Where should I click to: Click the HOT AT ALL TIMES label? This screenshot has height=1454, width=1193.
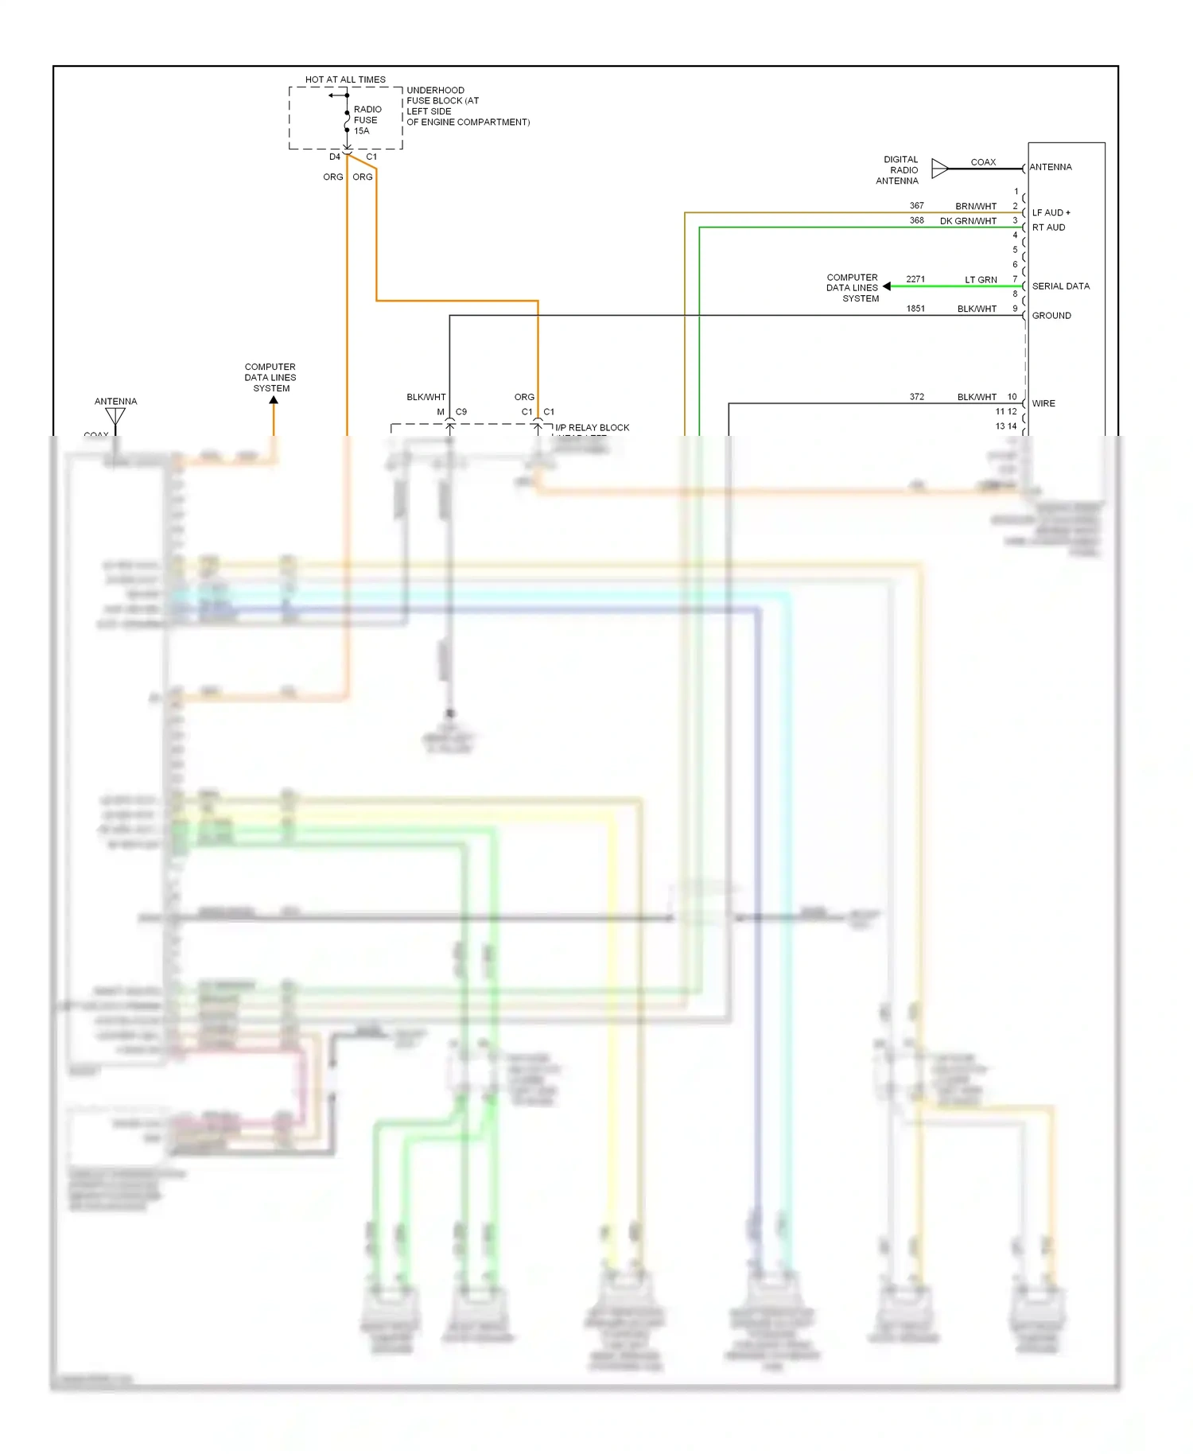point(345,80)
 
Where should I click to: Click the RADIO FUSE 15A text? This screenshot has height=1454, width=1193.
point(367,120)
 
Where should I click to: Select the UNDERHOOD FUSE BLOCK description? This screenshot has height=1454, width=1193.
point(467,106)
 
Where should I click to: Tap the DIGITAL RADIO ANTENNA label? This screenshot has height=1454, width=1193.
point(898,170)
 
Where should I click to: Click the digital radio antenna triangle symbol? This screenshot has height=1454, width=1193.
point(940,168)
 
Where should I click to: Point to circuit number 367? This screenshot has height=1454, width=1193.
point(916,205)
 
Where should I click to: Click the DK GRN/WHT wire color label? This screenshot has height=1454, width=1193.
point(967,221)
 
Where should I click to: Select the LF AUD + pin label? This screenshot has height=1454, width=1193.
point(1051,212)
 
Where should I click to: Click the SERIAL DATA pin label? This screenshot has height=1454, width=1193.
point(1060,286)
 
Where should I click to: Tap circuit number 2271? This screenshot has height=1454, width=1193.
point(915,279)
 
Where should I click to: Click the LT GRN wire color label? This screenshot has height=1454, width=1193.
point(981,280)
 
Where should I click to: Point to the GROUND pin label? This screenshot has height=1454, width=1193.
point(1051,316)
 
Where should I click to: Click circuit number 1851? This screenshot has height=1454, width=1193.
point(915,309)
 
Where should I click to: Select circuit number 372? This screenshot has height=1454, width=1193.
point(916,396)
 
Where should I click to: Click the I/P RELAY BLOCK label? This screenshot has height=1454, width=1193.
point(592,427)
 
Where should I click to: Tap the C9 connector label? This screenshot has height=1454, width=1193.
point(461,412)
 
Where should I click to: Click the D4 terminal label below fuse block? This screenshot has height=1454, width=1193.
point(335,157)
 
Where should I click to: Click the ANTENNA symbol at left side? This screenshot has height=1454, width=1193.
point(115,416)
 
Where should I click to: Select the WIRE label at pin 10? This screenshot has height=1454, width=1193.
point(1043,403)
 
